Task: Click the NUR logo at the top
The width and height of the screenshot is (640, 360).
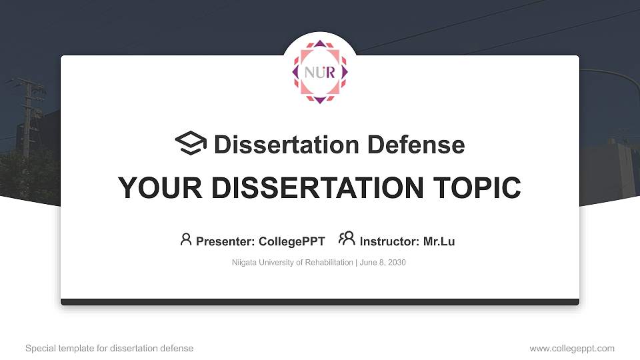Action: point(320,71)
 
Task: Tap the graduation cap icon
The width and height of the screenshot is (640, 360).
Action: point(191,144)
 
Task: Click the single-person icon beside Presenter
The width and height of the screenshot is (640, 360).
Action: point(186,239)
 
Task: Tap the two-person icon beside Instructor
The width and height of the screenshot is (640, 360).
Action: point(347,239)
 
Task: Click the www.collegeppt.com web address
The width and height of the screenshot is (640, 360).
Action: point(572,348)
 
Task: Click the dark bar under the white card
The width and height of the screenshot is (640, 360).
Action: point(320,302)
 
